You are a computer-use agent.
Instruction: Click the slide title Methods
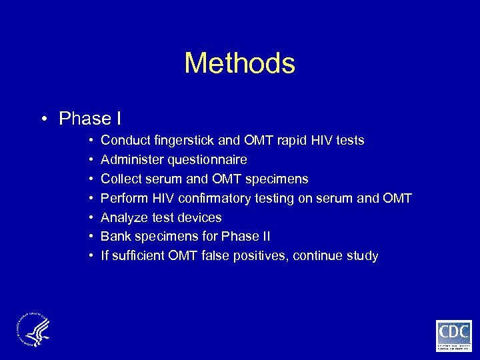(x=239, y=63)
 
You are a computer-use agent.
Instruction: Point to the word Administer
(x=129, y=160)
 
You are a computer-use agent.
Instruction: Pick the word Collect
(x=121, y=179)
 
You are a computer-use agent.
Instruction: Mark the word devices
(x=200, y=217)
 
